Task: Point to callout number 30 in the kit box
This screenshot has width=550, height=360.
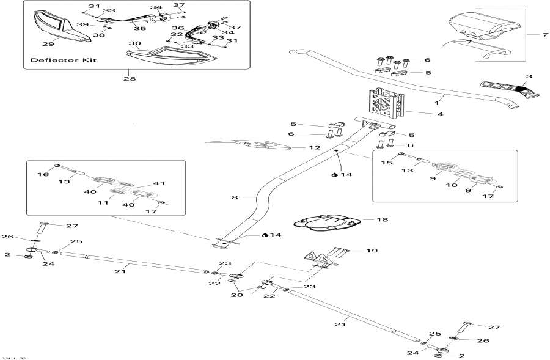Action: click(x=135, y=44)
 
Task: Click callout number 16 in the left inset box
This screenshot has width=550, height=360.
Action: click(x=43, y=175)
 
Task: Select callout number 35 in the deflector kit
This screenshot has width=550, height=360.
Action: click(x=140, y=28)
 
